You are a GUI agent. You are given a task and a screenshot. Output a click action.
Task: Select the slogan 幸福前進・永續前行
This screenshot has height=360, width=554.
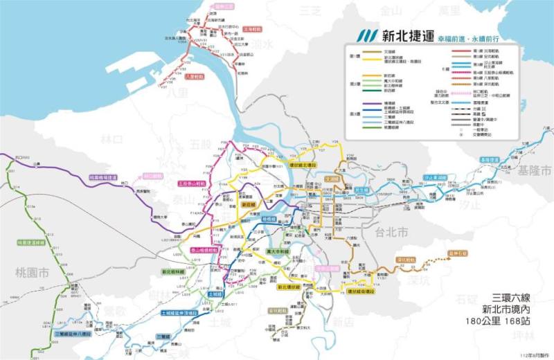pos(468,39)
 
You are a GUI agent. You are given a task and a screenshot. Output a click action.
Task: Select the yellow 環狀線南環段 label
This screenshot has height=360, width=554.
pos(361,292)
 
